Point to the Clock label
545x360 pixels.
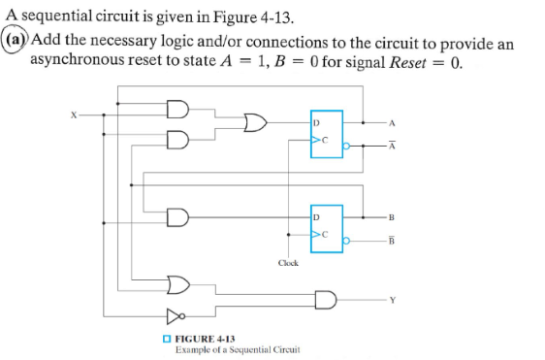pyautogui.click(x=288, y=262)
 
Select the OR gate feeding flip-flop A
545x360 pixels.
pyautogui.click(x=256, y=123)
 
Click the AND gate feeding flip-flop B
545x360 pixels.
pyautogui.click(x=178, y=214)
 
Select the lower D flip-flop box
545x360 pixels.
pyautogui.click(x=327, y=224)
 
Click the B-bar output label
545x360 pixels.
pyautogui.click(x=392, y=242)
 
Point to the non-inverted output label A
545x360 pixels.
pyautogui.click(x=392, y=122)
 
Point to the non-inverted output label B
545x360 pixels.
pyautogui.click(x=392, y=215)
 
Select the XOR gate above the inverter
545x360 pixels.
pyautogui.click(x=178, y=284)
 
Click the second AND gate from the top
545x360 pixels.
pyautogui.click(x=178, y=138)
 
